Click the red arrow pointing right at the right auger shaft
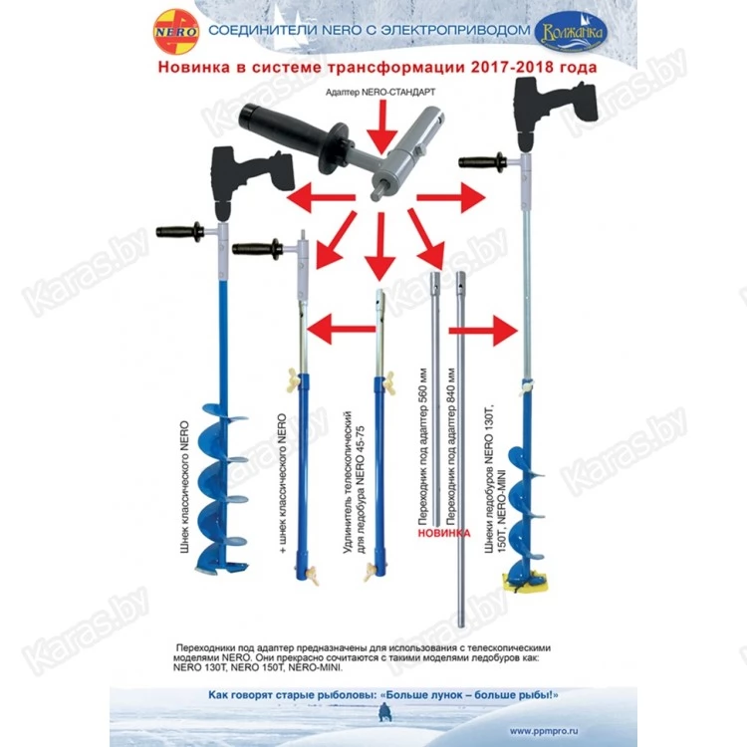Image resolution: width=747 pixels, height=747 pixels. (x=488, y=327)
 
